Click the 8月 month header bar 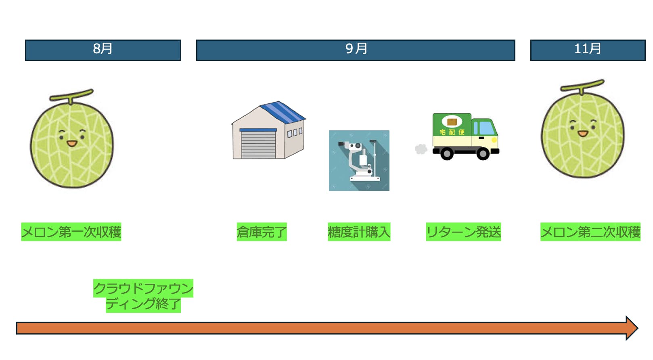(103, 50)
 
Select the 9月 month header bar (356, 50)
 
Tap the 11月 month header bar (588, 50)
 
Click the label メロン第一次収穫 (71, 232)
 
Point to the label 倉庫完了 (262, 232)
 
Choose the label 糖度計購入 (359, 232)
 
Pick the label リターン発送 (463, 232)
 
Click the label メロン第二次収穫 (590, 232)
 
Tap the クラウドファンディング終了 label (143, 296)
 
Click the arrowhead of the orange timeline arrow (631, 328)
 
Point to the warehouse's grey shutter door (258, 144)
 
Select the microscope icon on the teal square (359, 161)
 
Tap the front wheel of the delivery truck (483, 154)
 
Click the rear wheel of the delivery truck (447, 154)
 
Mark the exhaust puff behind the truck (421, 149)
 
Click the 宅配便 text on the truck (452, 132)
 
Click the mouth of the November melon (583, 134)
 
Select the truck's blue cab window (486, 128)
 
